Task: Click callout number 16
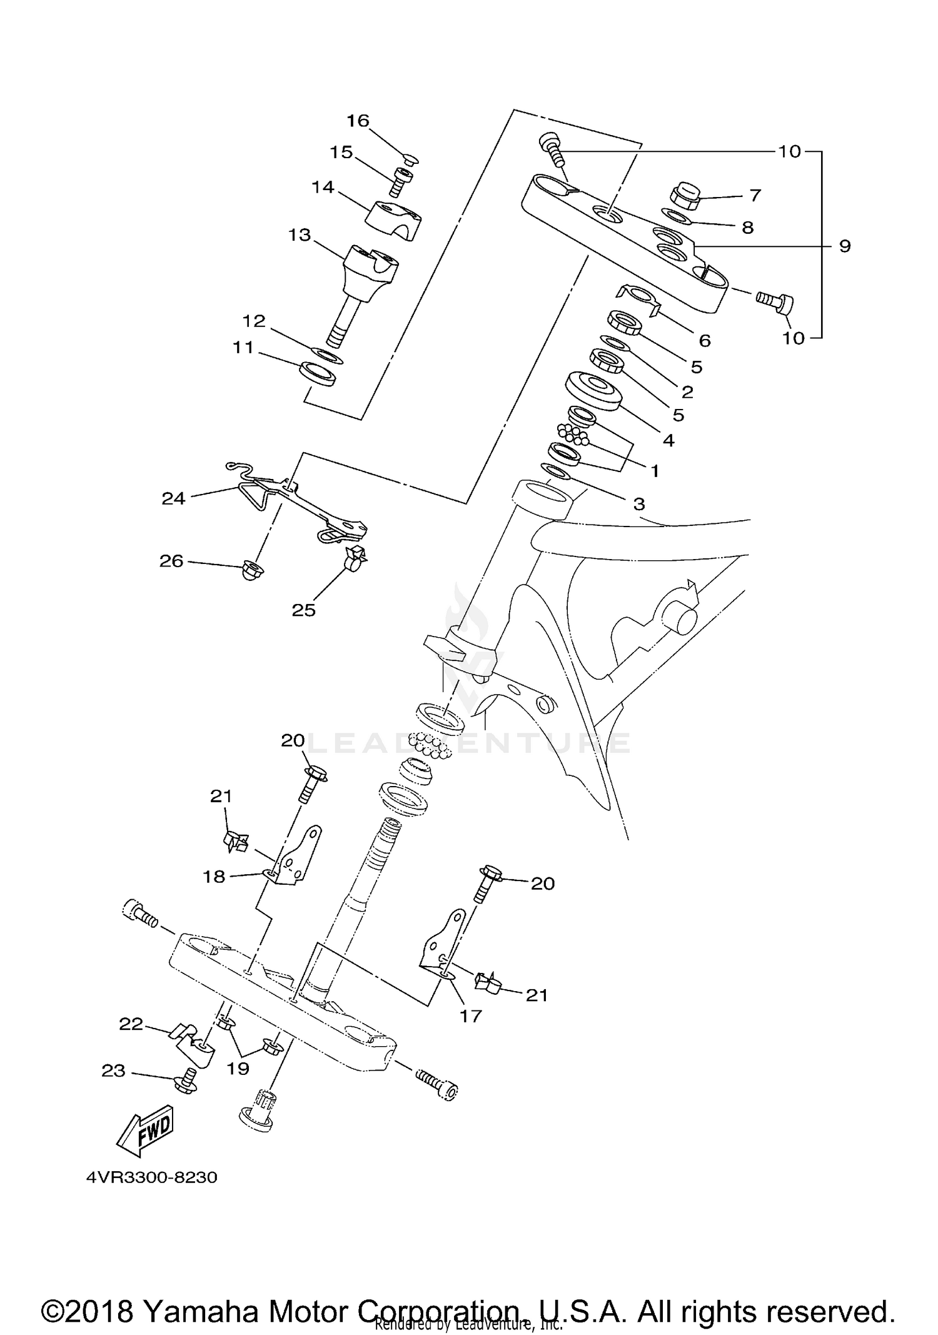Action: (x=358, y=121)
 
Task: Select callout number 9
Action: (x=844, y=246)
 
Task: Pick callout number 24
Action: (x=174, y=498)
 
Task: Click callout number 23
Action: (x=113, y=1071)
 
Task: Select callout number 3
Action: (x=638, y=504)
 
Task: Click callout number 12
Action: (x=254, y=321)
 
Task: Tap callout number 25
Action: (x=304, y=610)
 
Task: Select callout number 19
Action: (x=238, y=1069)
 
